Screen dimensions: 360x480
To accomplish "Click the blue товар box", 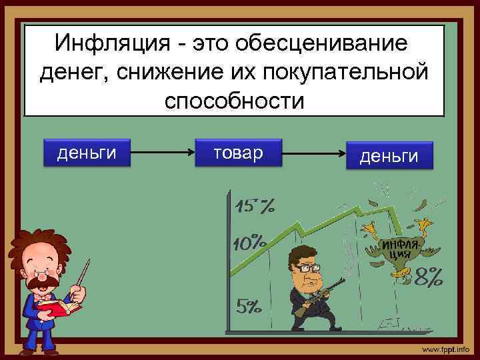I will (239, 153).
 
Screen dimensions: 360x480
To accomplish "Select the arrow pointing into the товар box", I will (163, 153).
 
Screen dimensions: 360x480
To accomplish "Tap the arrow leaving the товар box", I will (313, 154).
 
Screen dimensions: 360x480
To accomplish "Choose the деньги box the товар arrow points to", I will (389, 156).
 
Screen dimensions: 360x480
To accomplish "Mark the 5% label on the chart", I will (249, 307).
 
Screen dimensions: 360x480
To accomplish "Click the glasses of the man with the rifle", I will (307, 265).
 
